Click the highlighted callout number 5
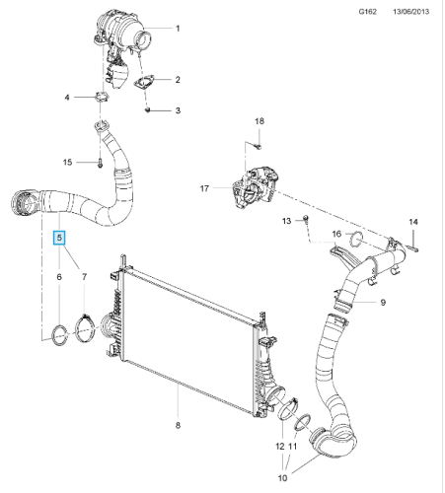pyautogui.click(x=59, y=238)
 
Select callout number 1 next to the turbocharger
pyautogui.click(x=178, y=29)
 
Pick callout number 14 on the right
pyautogui.click(x=413, y=222)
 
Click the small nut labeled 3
pyautogui.click(x=146, y=110)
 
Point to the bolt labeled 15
pyautogui.click(x=101, y=161)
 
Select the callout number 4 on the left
pyautogui.click(x=67, y=98)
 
